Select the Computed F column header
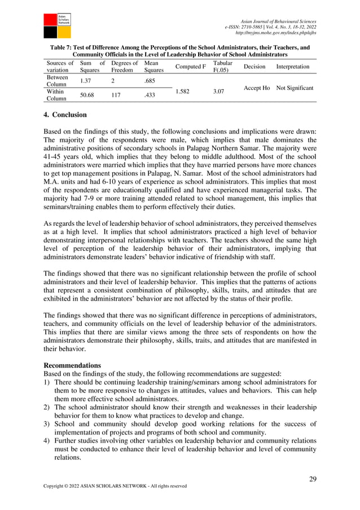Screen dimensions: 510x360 [x=190, y=67]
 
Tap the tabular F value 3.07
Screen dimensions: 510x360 [x=220, y=89]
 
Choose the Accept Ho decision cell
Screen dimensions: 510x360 [x=256, y=89]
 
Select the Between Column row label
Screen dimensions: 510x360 [x=56, y=81]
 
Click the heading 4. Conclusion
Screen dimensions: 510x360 [x=65, y=115]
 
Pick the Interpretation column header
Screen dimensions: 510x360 [x=292, y=67]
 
